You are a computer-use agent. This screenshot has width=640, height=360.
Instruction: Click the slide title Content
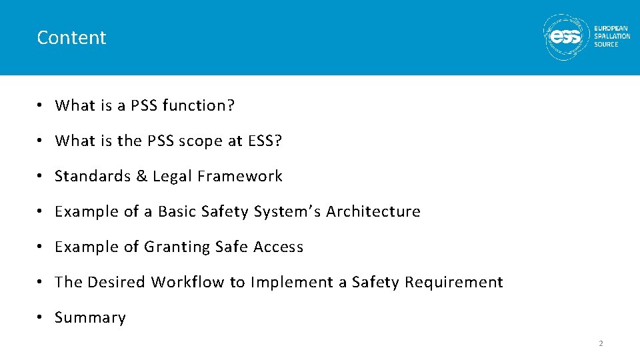pos(71,37)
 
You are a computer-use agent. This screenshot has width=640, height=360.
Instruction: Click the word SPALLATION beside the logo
pos(612,37)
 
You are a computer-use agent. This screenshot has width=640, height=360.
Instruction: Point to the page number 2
pos(601,343)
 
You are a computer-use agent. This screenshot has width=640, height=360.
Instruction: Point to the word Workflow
pos(188,282)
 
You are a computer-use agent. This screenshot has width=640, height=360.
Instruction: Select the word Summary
pos(90,318)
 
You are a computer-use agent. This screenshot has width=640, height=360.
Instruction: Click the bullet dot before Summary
pos(41,317)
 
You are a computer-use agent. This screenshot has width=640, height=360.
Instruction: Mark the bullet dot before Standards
pos(41,176)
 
